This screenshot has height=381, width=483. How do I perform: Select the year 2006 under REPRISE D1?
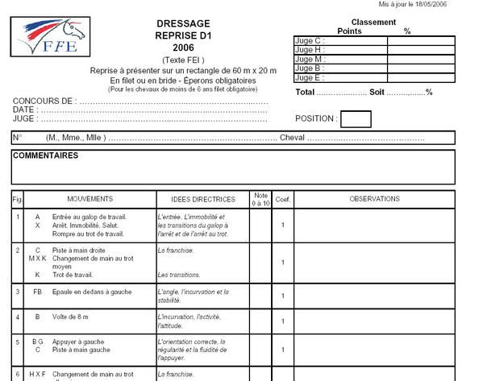point(184,48)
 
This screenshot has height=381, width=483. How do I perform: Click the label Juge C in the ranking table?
point(309,39)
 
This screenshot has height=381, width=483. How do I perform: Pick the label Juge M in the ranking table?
point(310,59)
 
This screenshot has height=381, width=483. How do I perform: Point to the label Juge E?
point(309,77)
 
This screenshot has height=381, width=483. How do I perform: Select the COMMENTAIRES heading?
point(45,155)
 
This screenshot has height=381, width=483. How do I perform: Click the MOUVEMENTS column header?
point(90,198)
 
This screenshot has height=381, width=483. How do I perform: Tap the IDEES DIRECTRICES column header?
point(203,199)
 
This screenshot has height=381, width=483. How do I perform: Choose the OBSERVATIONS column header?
point(374,198)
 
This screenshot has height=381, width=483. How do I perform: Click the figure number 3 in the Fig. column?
point(18,291)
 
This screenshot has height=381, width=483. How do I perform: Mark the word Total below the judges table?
point(305,93)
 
